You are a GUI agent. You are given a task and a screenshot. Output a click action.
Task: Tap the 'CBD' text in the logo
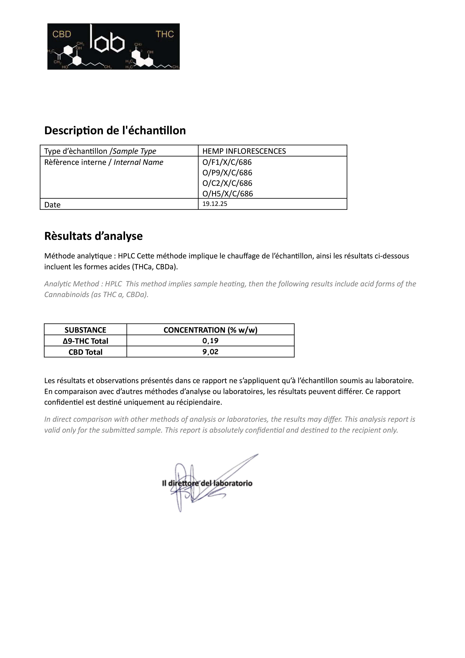(62, 34)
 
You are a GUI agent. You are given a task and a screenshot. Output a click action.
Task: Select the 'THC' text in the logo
(165, 34)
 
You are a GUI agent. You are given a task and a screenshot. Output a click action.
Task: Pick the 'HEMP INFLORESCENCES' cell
(244, 151)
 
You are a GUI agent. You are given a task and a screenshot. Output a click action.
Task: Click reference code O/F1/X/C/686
(227, 162)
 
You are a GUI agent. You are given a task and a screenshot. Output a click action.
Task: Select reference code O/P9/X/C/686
(227, 173)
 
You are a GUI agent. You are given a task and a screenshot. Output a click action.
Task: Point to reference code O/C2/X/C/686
(227, 183)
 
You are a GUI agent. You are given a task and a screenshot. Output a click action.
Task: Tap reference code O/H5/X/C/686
(228, 194)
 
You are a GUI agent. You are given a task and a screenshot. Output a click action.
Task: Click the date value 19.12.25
(215, 204)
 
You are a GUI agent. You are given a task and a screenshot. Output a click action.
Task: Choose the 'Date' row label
(52, 205)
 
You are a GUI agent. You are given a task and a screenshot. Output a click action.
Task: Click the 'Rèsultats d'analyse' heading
(93, 236)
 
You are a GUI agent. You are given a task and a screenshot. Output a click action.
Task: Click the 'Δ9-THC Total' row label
(85, 341)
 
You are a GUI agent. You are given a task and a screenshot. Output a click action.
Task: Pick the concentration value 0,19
(210, 341)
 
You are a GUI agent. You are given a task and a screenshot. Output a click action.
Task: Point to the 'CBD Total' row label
(85, 352)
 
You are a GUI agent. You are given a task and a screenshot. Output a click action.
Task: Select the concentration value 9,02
(210, 352)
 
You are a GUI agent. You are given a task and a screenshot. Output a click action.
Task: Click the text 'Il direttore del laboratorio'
(207, 483)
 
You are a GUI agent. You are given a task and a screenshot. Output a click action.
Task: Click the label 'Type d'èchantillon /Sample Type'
(100, 151)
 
